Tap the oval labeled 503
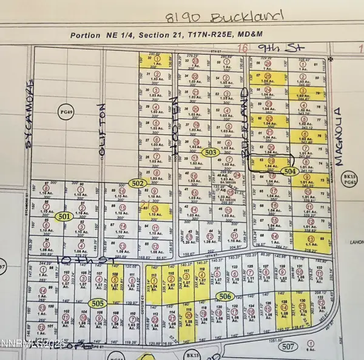click(211, 153)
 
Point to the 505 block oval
click(97, 302)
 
